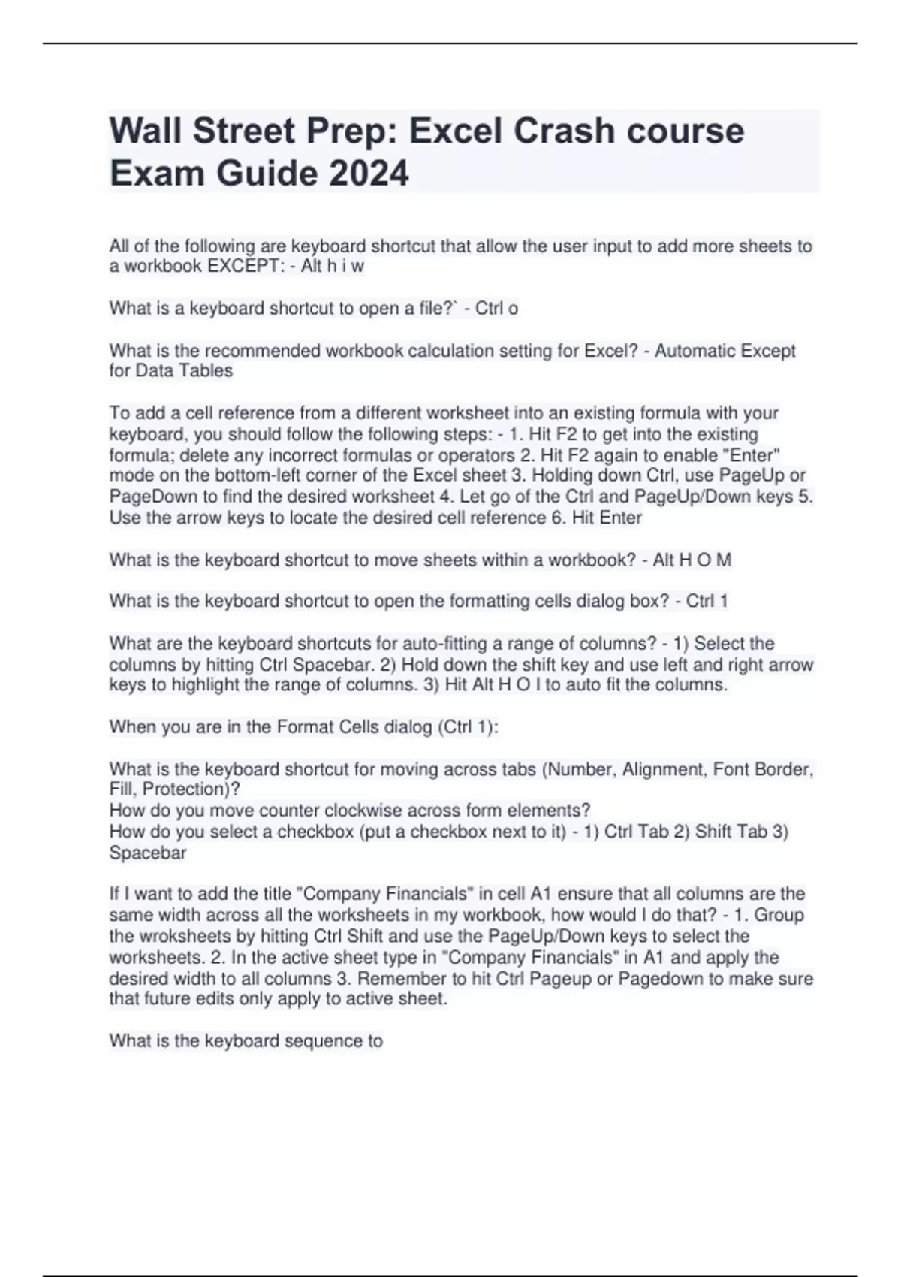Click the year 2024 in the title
pos(368,173)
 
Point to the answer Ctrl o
pos(496,308)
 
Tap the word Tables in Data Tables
pos(206,370)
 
